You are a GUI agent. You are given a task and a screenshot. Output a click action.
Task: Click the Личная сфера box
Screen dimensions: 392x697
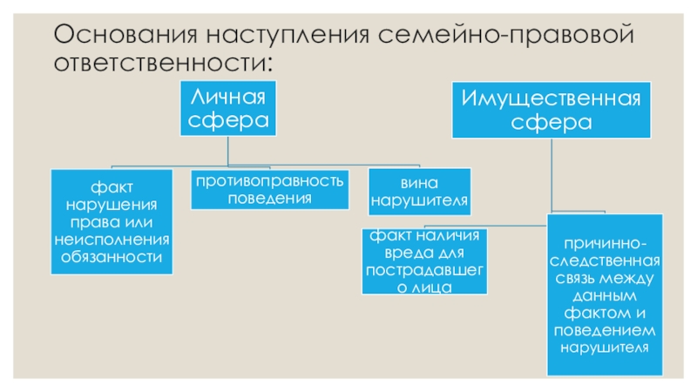point(227,107)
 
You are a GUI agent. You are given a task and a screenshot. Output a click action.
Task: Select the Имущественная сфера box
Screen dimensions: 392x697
point(551,109)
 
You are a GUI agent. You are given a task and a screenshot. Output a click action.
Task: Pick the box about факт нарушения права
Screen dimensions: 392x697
point(111,221)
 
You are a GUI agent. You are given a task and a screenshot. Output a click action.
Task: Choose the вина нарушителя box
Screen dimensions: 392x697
point(420,192)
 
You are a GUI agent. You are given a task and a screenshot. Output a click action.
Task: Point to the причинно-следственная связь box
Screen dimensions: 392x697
point(603,294)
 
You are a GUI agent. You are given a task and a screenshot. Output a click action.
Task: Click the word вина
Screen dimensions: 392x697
point(420,183)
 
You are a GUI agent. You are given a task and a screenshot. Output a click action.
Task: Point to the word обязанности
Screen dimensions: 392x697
point(111,256)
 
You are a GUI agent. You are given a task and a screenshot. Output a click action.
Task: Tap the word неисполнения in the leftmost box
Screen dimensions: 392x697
point(111,239)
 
